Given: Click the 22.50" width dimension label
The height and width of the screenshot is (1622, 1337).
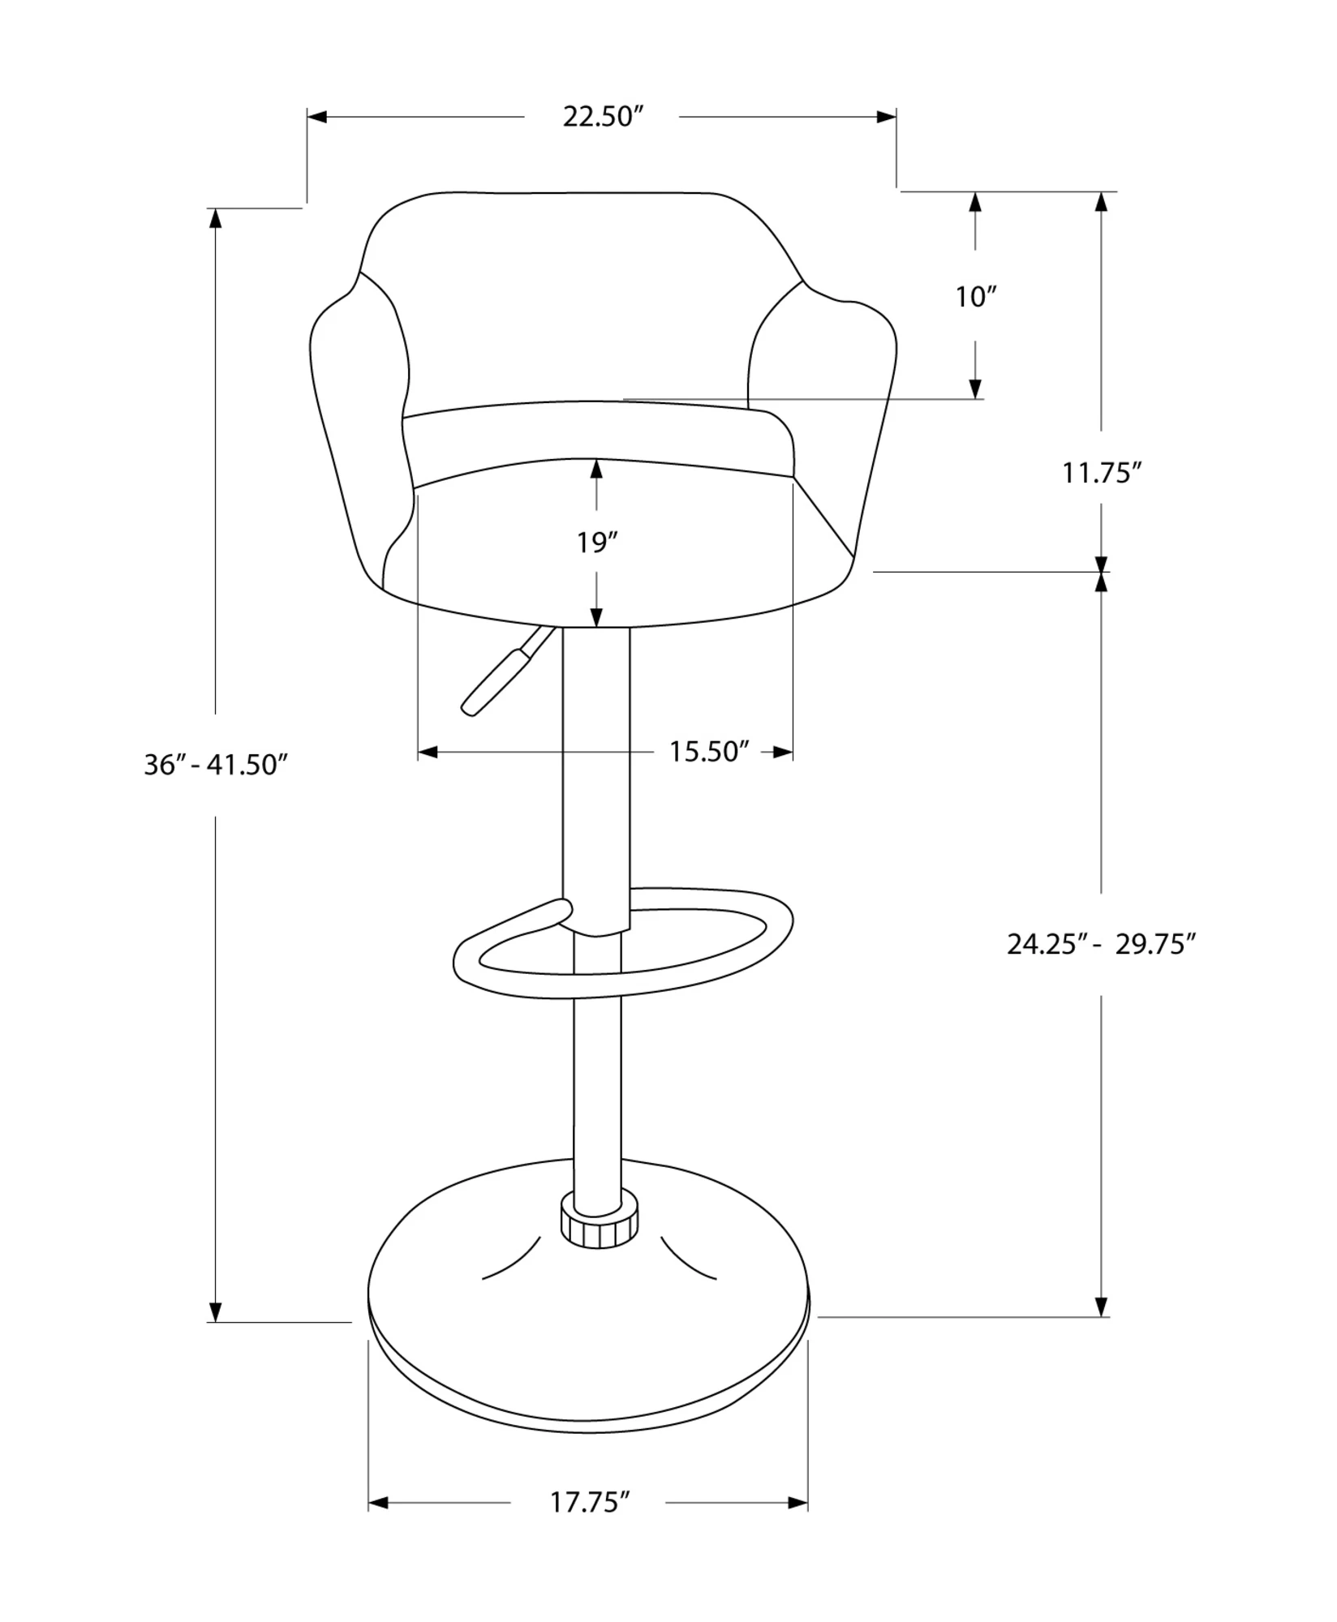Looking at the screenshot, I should click(x=603, y=117).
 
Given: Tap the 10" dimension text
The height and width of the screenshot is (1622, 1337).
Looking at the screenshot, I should click(x=975, y=298).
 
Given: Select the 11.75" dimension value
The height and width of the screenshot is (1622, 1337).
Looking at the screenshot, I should click(x=1102, y=473).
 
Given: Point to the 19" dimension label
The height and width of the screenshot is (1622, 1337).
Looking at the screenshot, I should click(x=598, y=543).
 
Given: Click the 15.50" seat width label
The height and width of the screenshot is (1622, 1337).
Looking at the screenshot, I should click(x=707, y=752).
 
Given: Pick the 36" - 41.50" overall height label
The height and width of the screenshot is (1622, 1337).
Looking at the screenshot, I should click(x=216, y=765).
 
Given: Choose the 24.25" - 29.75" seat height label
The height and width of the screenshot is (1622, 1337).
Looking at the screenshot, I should click(x=1102, y=945).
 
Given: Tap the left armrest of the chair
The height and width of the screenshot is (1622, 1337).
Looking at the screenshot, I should click(x=357, y=422).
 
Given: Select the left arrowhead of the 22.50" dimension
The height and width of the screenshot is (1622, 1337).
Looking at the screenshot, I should click(x=317, y=117).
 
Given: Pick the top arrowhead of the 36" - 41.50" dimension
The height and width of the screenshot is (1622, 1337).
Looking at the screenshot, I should click(x=216, y=219).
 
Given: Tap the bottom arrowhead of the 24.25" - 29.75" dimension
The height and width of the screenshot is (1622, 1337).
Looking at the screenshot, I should click(x=1102, y=1306).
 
